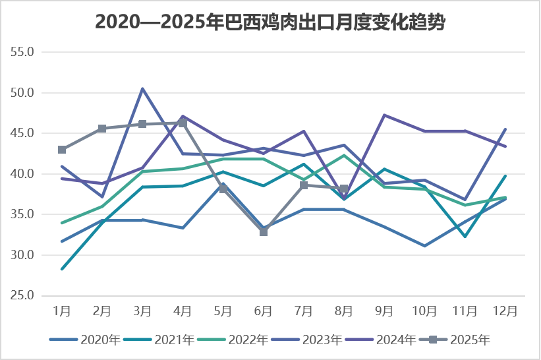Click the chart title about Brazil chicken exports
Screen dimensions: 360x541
[270, 22]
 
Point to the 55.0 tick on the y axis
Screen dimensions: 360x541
[27, 51]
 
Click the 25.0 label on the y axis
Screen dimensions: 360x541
[27, 295]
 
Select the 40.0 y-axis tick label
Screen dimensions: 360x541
[27, 174]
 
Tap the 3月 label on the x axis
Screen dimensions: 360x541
[142, 310]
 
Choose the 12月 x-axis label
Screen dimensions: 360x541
[505, 310]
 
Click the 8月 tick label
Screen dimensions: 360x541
[344, 310]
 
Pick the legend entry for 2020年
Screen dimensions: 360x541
[84, 340]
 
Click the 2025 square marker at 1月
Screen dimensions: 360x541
[62, 150]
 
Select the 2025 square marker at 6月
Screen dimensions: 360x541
[264, 232]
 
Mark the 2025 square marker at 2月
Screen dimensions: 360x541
[102, 129]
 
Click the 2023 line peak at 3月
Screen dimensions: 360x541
[142, 88]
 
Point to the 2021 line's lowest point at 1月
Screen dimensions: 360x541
[62, 269]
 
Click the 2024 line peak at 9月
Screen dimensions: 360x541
[384, 115]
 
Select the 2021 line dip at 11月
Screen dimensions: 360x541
[465, 236]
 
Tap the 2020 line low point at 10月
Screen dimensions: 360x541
[425, 246]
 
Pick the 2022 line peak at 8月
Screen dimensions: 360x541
[344, 155]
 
